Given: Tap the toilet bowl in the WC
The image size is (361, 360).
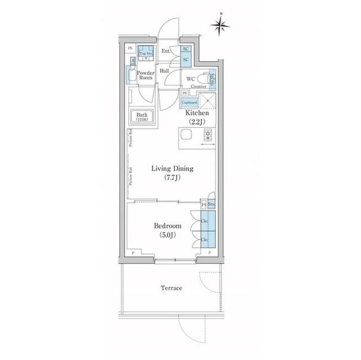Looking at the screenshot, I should tap(212, 79).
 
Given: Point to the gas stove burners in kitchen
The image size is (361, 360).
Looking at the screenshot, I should tap(207, 135).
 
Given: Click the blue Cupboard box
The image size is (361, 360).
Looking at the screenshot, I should tap(189, 103).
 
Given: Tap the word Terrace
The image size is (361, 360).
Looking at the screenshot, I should tap(171, 288).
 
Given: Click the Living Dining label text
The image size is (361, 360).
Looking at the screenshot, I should tap(173, 168).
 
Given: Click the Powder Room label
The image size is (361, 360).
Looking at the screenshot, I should tap(146, 75).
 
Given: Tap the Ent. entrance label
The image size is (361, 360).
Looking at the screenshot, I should tap(166, 52).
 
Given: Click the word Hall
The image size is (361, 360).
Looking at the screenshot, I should tap(164, 71).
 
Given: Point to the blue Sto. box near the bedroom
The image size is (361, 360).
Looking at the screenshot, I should tap(212, 204).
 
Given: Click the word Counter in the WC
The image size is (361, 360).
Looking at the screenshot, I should tap(198, 86).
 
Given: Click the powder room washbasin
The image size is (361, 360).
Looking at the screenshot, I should tap(134, 74).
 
